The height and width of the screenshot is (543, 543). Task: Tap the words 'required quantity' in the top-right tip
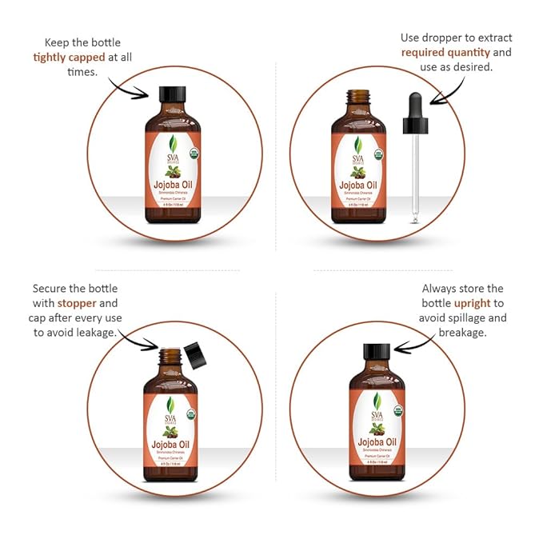445,52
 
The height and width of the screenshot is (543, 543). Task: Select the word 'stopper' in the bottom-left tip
76,303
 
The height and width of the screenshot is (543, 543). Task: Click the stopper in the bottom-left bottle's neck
170,352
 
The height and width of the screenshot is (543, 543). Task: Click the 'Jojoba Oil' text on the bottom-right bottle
376,441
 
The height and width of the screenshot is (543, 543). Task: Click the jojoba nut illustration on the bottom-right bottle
376,427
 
